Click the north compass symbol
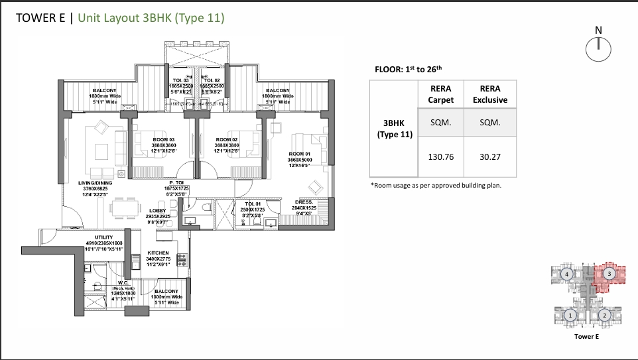[598, 47]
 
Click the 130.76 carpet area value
[440, 157]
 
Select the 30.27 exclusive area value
[489, 157]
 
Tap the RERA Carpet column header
[440, 94]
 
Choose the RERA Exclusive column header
[489, 94]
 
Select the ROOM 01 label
[299, 154]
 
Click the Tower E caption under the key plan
[587, 337]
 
